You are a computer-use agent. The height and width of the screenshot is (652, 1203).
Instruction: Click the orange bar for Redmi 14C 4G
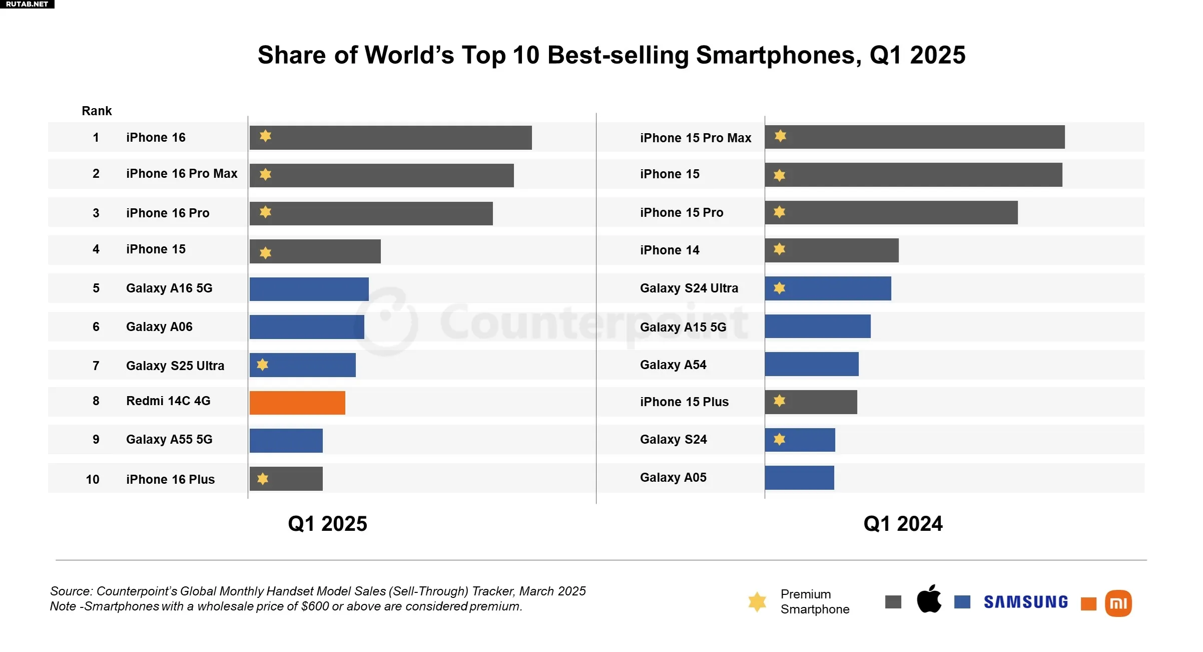tap(297, 403)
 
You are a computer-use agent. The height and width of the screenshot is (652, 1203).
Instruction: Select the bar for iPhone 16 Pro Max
tap(381, 175)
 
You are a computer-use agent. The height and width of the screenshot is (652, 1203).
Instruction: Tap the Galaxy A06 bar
tap(307, 327)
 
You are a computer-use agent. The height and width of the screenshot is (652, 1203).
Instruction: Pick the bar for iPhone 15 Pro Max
tap(914, 137)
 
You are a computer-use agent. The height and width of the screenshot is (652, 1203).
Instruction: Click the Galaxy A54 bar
tap(811, 364)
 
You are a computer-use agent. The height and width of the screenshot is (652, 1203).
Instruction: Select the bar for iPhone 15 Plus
tap(811, 402)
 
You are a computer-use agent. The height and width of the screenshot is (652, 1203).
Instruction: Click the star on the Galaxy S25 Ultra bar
tap(263, 365)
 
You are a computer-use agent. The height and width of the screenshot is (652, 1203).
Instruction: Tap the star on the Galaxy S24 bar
tap(779, 439)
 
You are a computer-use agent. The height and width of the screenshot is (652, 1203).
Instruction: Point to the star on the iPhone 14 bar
tap(779, 249)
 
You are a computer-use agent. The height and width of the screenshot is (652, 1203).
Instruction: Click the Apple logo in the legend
tap(929, 599)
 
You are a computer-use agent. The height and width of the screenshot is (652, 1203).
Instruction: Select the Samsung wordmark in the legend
tap(1025, 602)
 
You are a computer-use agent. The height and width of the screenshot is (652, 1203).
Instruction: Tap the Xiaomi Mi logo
tap(1118, 603)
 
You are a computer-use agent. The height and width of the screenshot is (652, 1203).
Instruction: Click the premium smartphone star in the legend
tap(757, 601)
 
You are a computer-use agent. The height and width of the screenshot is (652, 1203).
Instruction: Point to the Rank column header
tap(97, 111)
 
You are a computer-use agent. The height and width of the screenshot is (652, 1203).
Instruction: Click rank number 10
tap(93, 479)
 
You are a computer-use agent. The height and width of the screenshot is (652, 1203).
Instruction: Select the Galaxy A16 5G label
tap(169, 288)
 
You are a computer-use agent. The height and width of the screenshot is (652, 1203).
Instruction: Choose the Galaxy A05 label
tap(673, 477)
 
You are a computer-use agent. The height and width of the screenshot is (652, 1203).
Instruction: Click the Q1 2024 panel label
tap(903, 524)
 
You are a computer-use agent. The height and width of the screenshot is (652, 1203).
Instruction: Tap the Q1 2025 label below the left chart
tap(327, 524)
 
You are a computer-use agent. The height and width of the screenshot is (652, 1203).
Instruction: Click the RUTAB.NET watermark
tap(27, 4)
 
